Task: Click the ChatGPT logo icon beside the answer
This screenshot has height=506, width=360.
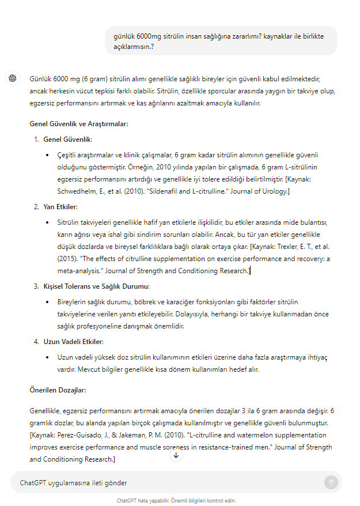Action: pyautogui.click(x=12, y=78)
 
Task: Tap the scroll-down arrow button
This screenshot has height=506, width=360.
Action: pyautogui.click(x=176, y=455)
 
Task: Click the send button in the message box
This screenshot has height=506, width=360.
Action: pyautogui.click(x=331, y=482)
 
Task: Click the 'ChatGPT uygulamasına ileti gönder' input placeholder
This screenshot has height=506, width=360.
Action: pyautogui.click(x=73, y=483)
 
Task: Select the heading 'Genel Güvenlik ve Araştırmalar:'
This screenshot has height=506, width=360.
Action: pyautogui.click(x=79, y=123)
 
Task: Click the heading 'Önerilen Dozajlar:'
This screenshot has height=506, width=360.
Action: pyautogui.click(x=58, y=390)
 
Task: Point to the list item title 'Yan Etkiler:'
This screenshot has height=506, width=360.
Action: pyautogui.click(x=60, y=207)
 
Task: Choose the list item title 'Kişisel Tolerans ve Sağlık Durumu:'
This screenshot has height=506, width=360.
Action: pyautogui.click(x=96, y=286)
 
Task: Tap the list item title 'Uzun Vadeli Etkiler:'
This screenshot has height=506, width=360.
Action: pyautogui.click(x=73, y=342)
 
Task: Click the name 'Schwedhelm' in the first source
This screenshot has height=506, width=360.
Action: pyautogui.click(x=77, y=191)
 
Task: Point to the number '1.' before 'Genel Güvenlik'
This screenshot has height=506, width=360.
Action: pyautogui.click(x=36, y=139)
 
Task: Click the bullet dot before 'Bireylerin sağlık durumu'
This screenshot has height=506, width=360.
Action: pyautogui.click(x=47, y=302)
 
